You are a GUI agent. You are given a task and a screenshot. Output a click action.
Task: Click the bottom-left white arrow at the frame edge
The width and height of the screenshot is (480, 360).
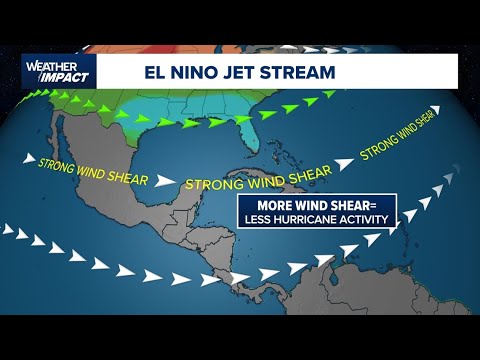pos(8,229)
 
